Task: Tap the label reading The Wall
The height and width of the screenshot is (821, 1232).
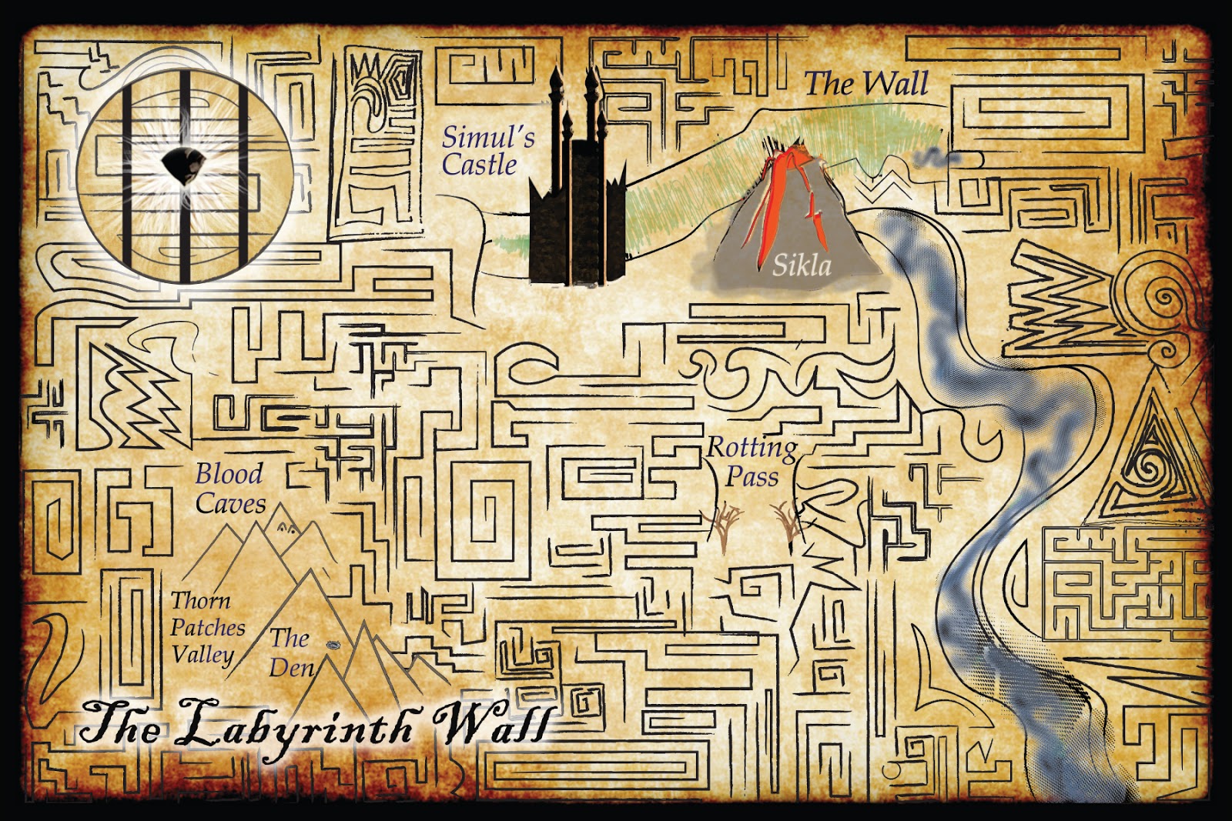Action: click(x=866, y=84)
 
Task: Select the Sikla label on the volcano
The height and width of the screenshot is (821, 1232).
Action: click(x=802, y=266)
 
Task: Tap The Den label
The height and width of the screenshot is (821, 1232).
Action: click(x=291, y=652)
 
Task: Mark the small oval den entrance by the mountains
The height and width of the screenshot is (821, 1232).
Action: click(x=333, y=645)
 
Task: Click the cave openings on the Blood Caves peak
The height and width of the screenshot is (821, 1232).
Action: click(x=286, y=528)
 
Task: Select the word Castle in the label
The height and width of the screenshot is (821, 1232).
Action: click(x=479, y=165)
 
